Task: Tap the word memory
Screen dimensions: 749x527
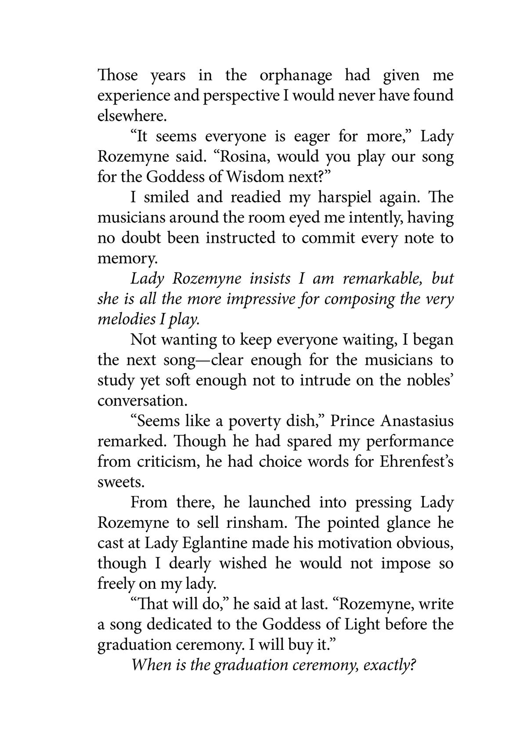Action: [126, 258]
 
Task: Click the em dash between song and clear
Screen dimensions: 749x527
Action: [203, 360]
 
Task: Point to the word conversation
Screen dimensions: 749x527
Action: [141, 400]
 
